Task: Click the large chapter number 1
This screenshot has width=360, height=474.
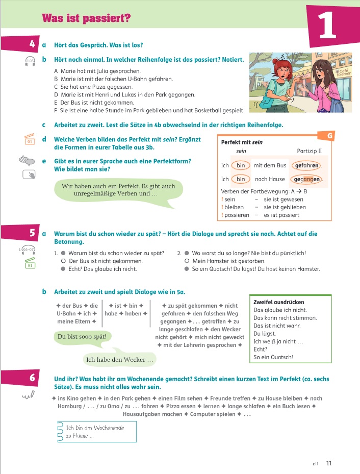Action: point(327,26)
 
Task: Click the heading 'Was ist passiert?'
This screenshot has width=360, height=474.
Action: point(86,19)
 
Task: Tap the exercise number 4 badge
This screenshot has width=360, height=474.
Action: point(32,44)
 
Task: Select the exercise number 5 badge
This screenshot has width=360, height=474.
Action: point(32,233)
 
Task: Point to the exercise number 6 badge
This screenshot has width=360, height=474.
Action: point(32,378)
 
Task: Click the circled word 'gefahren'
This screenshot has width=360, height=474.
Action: point(306,165)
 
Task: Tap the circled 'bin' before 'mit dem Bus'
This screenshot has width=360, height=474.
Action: point(241,165)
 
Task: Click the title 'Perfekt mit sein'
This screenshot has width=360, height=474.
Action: point(242,142)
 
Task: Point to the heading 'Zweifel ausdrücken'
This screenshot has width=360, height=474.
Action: point(278,302)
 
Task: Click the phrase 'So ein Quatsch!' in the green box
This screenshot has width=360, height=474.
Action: point(273,357)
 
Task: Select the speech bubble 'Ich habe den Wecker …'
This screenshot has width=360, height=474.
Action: point(120,360)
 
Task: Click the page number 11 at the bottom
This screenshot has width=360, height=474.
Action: point(329,463)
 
